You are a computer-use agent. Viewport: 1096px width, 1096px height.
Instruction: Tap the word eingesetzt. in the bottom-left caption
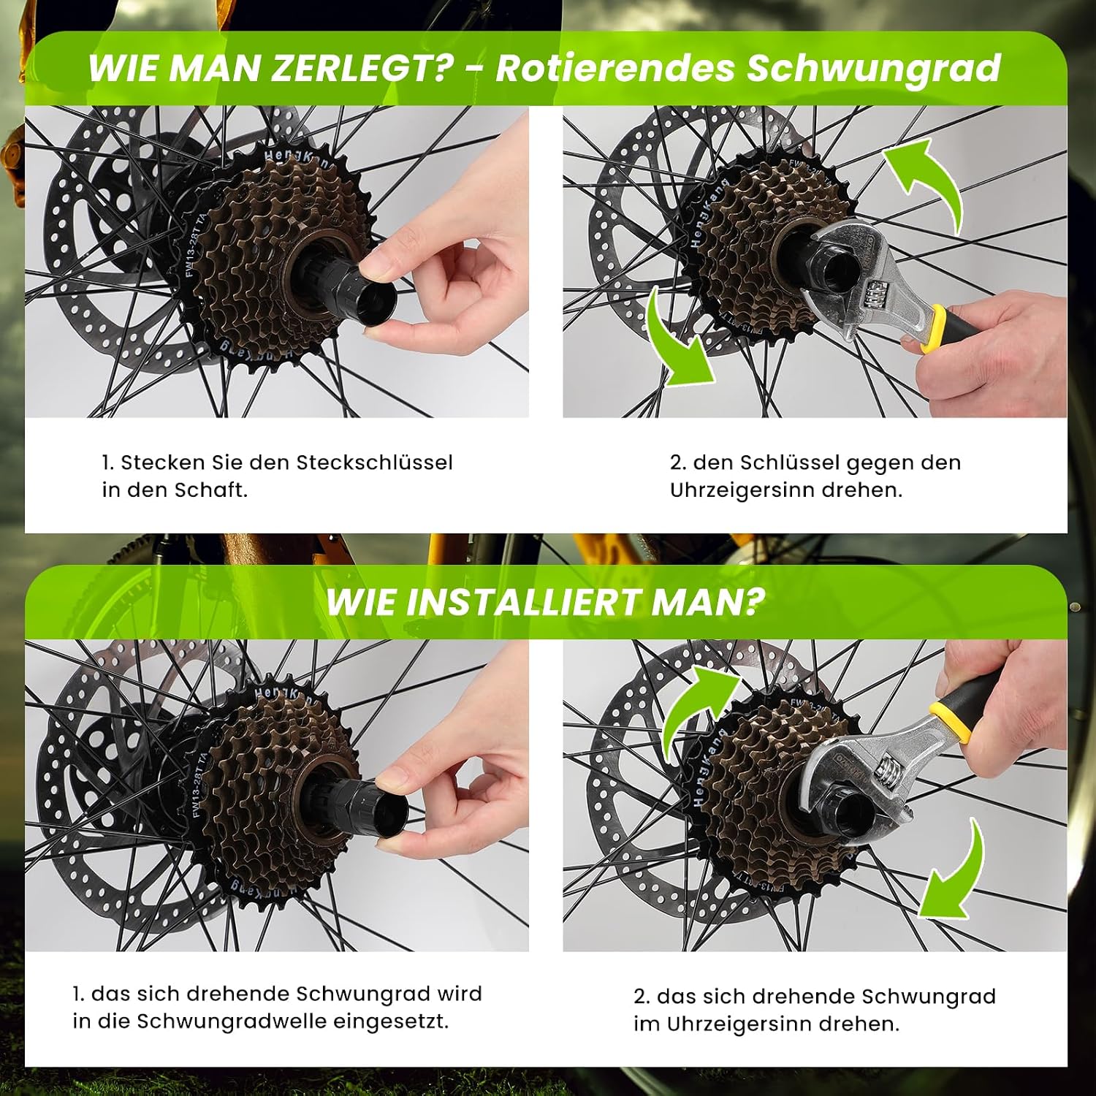click(392, 1022)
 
